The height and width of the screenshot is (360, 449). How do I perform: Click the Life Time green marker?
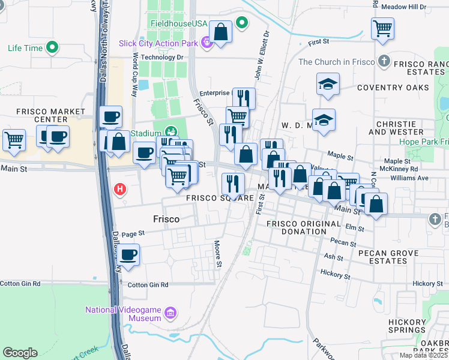point(52,47)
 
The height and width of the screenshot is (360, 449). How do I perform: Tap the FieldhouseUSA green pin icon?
point(242,23)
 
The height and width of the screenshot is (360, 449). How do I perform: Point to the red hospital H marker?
point(120,190)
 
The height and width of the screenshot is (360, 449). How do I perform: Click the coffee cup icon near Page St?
point(128,254)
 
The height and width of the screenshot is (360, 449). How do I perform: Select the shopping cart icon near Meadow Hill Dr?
point(382,28)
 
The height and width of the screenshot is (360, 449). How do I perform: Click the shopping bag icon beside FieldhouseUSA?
point(221,32)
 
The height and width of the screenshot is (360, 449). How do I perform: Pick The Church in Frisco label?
point(336,62)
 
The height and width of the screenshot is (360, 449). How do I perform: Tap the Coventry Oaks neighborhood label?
point(393,88)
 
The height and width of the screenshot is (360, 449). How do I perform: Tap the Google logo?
point(20,353)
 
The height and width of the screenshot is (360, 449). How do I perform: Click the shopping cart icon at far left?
point(14,140)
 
